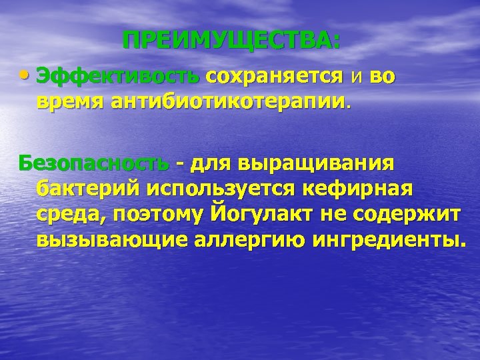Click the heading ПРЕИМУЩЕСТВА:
[x=231, y=41]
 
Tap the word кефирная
[x=357, y=189]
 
